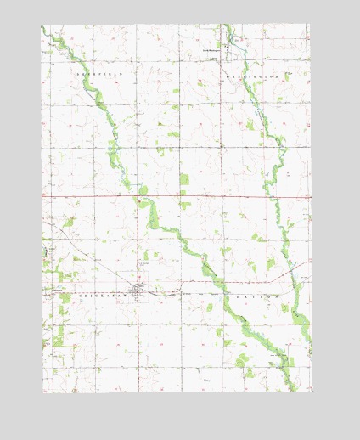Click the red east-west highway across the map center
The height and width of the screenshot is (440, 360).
(x=93, y=196)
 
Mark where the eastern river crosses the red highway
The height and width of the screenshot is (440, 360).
(x=273, y=196)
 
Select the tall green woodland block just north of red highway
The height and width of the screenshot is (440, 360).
(x=184, y=181)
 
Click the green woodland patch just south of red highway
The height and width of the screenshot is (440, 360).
(x=184, y=205)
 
